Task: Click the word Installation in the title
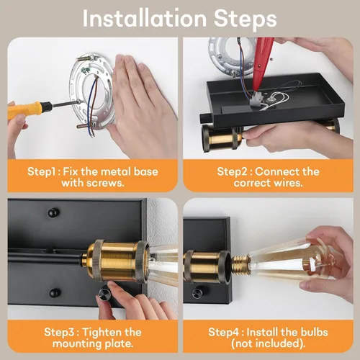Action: pos(145,19)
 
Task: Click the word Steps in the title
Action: pos(245,19)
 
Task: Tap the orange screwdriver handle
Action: pos(27,110)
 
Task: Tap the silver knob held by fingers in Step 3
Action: pos(104,294)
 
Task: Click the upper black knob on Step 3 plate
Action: pos(53,212)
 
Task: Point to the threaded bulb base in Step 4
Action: pos(240,262)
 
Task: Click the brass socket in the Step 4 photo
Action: pos(207,266)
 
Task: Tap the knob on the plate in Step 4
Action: pos(198,292)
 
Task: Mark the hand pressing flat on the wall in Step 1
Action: pos(142,106)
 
